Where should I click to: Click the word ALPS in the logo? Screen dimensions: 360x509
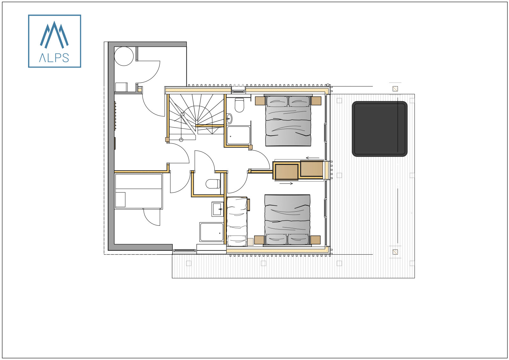tap(54, 58)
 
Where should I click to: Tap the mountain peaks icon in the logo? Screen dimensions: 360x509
tap(54, 34)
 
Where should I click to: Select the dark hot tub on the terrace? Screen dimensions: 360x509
tap(380, 129)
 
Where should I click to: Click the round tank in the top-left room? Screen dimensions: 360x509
tap(124, 56)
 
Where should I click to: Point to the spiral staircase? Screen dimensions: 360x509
tap(196, 116)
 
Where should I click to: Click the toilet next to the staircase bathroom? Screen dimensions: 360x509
tap(239, 105)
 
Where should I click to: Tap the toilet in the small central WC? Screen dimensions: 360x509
tap(213, 184)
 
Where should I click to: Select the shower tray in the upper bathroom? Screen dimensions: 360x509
tap(239, 135)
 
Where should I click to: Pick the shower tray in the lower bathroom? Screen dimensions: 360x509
tap(212, 232)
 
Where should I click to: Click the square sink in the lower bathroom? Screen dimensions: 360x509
tap(218, 209)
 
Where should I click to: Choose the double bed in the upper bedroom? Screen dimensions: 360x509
tap(288, 121)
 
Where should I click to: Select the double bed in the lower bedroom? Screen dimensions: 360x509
tap(287, 220)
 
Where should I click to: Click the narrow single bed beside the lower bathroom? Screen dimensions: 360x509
tap(237, 221)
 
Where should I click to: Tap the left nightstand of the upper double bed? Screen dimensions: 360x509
tap(260, 101)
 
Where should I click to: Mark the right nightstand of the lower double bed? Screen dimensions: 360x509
tap(315, 240)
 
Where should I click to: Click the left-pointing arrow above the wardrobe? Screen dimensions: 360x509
tap(312, 158)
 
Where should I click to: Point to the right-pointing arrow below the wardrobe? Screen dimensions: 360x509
tap(286, 183)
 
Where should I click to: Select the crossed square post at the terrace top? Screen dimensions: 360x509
tap(395, 89)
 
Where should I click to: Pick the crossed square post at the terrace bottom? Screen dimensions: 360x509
tap(395, 252)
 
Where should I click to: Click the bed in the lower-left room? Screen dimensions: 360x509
tap(139, 191)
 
